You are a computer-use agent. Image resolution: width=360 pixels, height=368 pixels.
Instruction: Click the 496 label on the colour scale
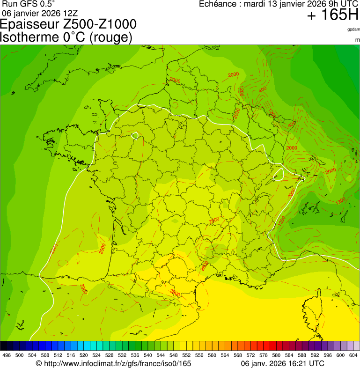[7, 356]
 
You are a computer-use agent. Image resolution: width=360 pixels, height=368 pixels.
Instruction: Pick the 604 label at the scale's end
[353, 356]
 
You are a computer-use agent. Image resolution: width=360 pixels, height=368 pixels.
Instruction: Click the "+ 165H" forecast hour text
[332, 15]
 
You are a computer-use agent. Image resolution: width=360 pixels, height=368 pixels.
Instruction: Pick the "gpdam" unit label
[353, 29]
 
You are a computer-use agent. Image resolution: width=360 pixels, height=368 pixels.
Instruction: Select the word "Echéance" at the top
[219, 4]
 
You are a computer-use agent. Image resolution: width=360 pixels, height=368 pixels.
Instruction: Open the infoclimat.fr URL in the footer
[118, 364]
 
